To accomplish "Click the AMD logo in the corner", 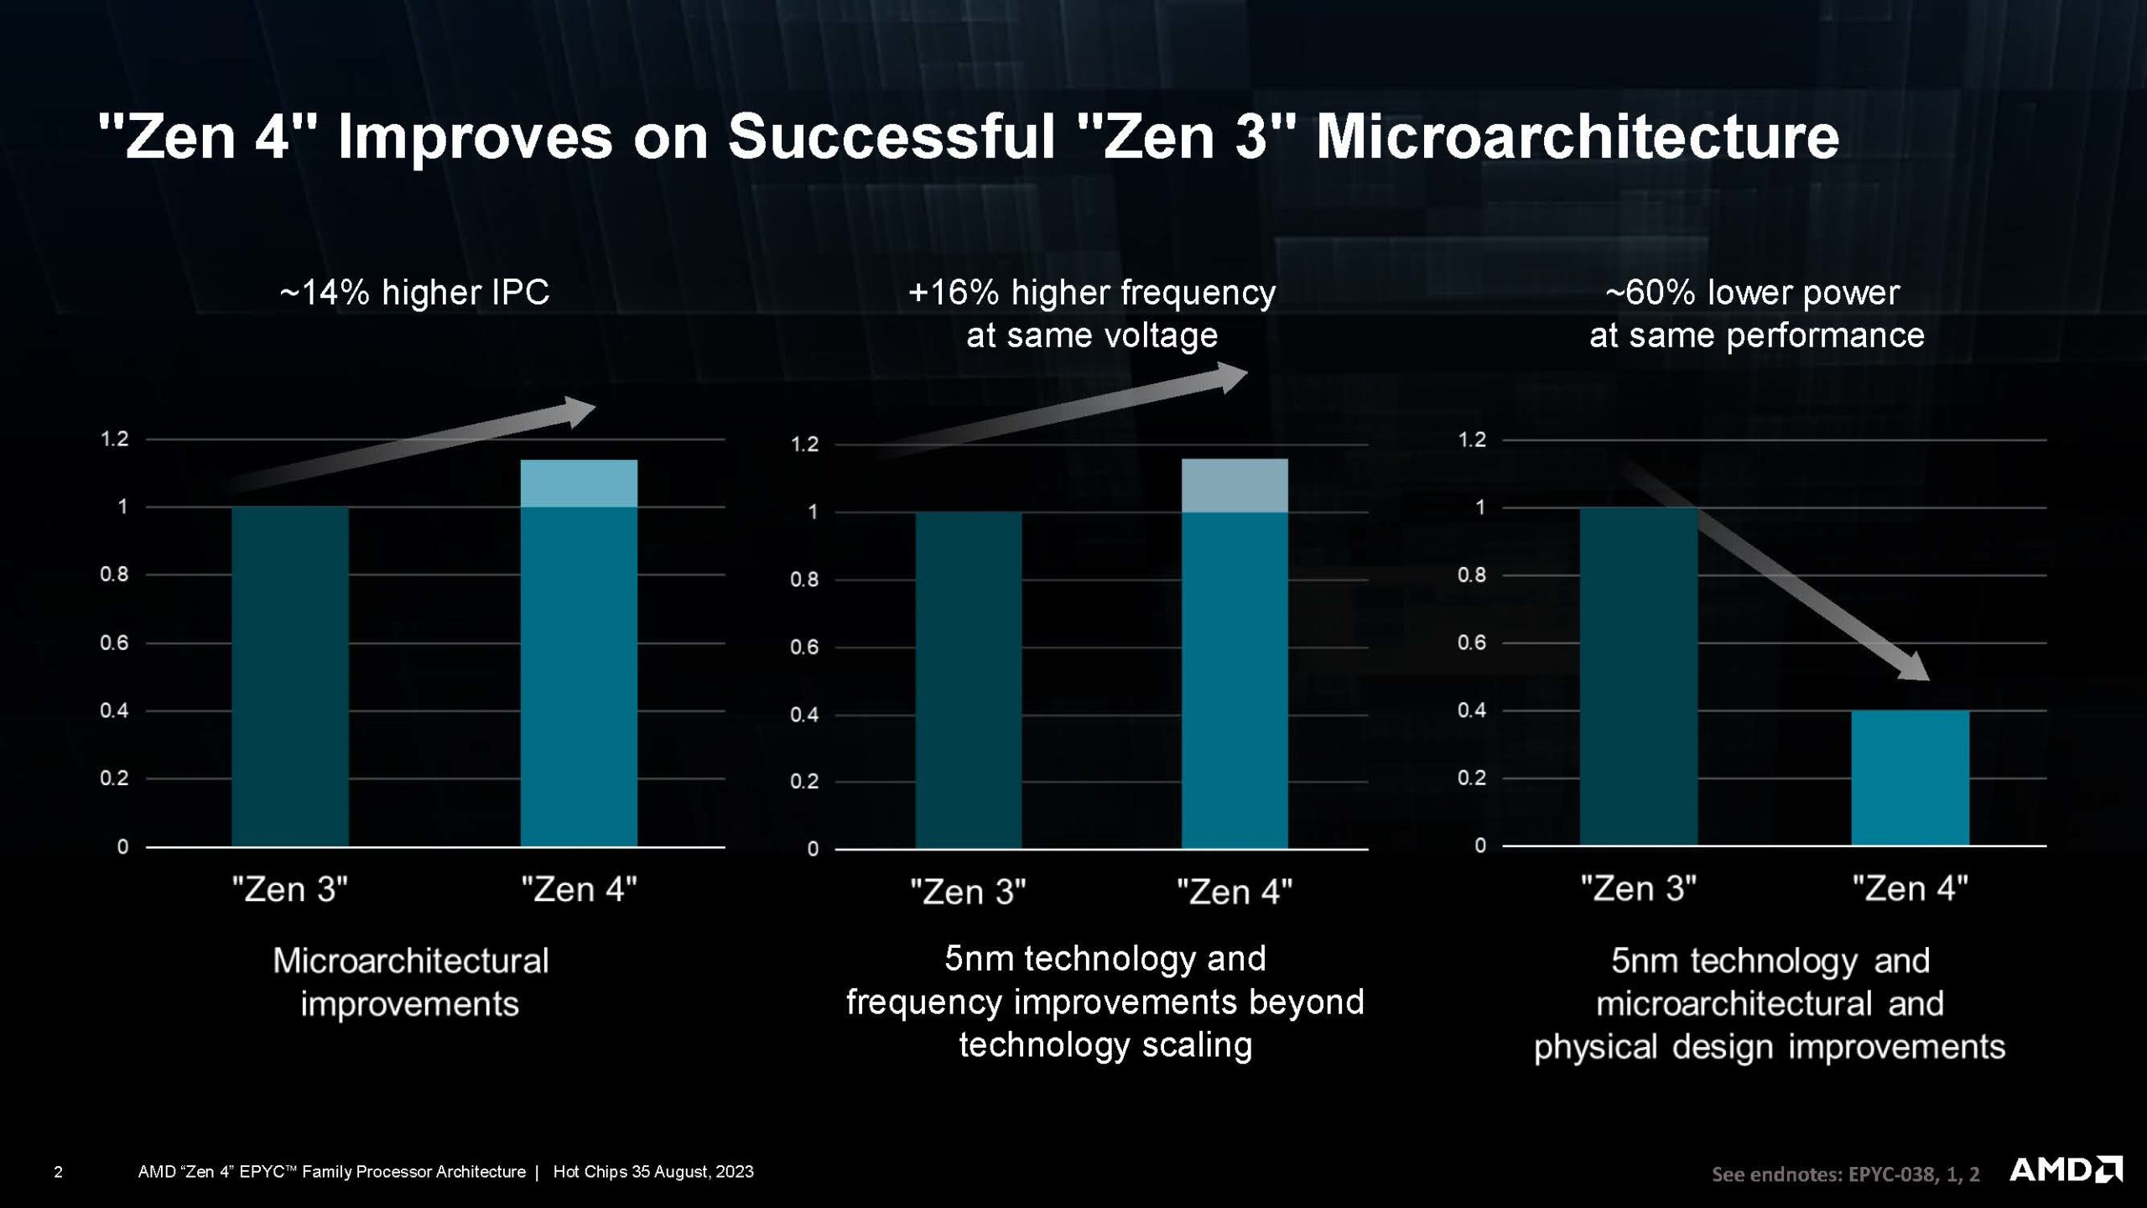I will point(2065,1169).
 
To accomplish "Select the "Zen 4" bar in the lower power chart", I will point(1910,778).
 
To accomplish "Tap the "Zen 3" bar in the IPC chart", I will point(290,676).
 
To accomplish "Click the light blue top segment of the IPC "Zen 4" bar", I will point(579,483).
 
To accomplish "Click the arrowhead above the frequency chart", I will point(1230,377).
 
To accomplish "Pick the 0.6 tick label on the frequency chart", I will point(804,647).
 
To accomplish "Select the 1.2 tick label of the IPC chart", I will point(115,439).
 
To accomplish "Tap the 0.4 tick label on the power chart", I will point(1472,711).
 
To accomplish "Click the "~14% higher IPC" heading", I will point(414,293).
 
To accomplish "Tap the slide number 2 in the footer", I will point(58,1172).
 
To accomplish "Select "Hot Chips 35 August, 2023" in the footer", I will point(653,1172).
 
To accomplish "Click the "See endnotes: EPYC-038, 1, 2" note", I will point(1845,1174).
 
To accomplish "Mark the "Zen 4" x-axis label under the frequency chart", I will point(1235,892).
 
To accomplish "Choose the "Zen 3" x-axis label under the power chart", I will point(1638,888).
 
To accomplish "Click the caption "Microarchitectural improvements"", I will point(410,982).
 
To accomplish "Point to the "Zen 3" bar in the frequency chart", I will point(969,680).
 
